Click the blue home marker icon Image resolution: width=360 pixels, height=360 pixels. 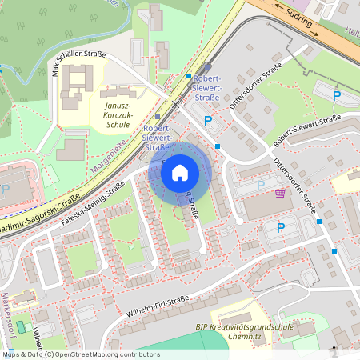pyautogui.click(x=180, y=172)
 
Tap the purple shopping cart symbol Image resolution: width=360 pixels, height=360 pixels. pyautogui.click(x=280, y=193)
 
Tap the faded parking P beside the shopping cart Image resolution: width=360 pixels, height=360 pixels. pyautogui.click(x=260, y=186)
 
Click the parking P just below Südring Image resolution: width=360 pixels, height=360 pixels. pyautogui.click(x=337, y=95)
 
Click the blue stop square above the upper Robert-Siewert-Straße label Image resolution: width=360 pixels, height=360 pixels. pyautogui.click(x=189, y=76)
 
